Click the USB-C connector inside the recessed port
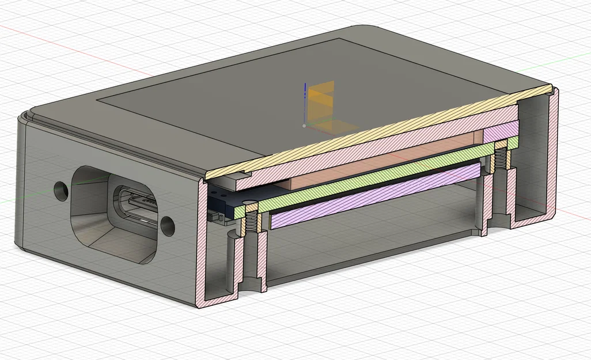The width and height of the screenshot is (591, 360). [138, 204]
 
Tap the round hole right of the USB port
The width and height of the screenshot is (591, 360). [168, 226]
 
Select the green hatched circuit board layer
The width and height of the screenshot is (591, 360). [374, 173]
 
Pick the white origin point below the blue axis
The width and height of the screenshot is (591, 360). [304, 124]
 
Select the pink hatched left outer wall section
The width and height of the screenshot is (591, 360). [202, 242]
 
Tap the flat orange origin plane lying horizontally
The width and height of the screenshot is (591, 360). [325, 127]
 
